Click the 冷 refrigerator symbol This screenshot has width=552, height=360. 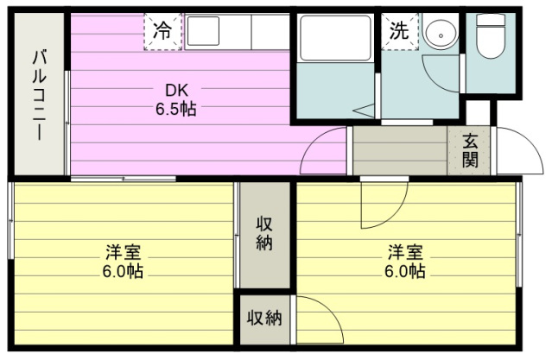coord(162,31)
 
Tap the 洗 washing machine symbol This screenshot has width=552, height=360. coord(400,31)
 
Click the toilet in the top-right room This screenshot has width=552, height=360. coord(491,35)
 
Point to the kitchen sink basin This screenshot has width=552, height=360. coord(203,31)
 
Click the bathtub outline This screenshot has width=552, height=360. coord(335,38)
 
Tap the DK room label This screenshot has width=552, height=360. coord(177,91)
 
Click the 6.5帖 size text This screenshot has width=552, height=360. coord(176,109)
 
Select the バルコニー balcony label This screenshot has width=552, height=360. coord(40,95)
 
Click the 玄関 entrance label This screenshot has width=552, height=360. coord(470,150)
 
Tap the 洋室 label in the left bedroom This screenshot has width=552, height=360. coord(124,252)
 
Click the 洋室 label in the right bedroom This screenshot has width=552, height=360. coord(405,252)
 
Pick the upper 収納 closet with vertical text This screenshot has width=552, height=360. coord(264,233)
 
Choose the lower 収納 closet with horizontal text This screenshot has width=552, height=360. coord(264,319)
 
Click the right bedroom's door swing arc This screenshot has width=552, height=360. coord(394,215)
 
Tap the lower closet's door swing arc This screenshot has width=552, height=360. coord(330,310)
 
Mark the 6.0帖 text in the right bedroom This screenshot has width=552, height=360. coord(405,271)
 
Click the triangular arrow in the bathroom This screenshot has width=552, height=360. coord(365,111)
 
